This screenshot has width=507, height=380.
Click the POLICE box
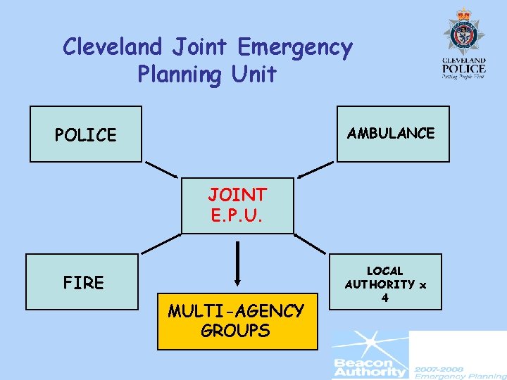point(85,134)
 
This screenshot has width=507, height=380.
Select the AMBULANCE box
point(392,134)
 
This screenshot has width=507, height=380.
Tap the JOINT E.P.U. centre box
point(237,205)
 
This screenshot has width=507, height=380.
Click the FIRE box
point(82,282)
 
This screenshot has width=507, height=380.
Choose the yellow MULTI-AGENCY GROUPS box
point(237,320)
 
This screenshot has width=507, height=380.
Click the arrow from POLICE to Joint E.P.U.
point(161,170)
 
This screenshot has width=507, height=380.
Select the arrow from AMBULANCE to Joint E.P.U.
point(315,170)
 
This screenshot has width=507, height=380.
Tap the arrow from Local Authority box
point(311,243)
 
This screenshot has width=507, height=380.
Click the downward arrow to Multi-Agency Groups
point(238,265)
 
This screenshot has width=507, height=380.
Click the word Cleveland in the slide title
point(113,47)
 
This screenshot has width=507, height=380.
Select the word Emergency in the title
point(295,47)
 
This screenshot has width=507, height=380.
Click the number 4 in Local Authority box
point(385,298)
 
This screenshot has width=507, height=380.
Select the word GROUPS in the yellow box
point(235,331)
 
